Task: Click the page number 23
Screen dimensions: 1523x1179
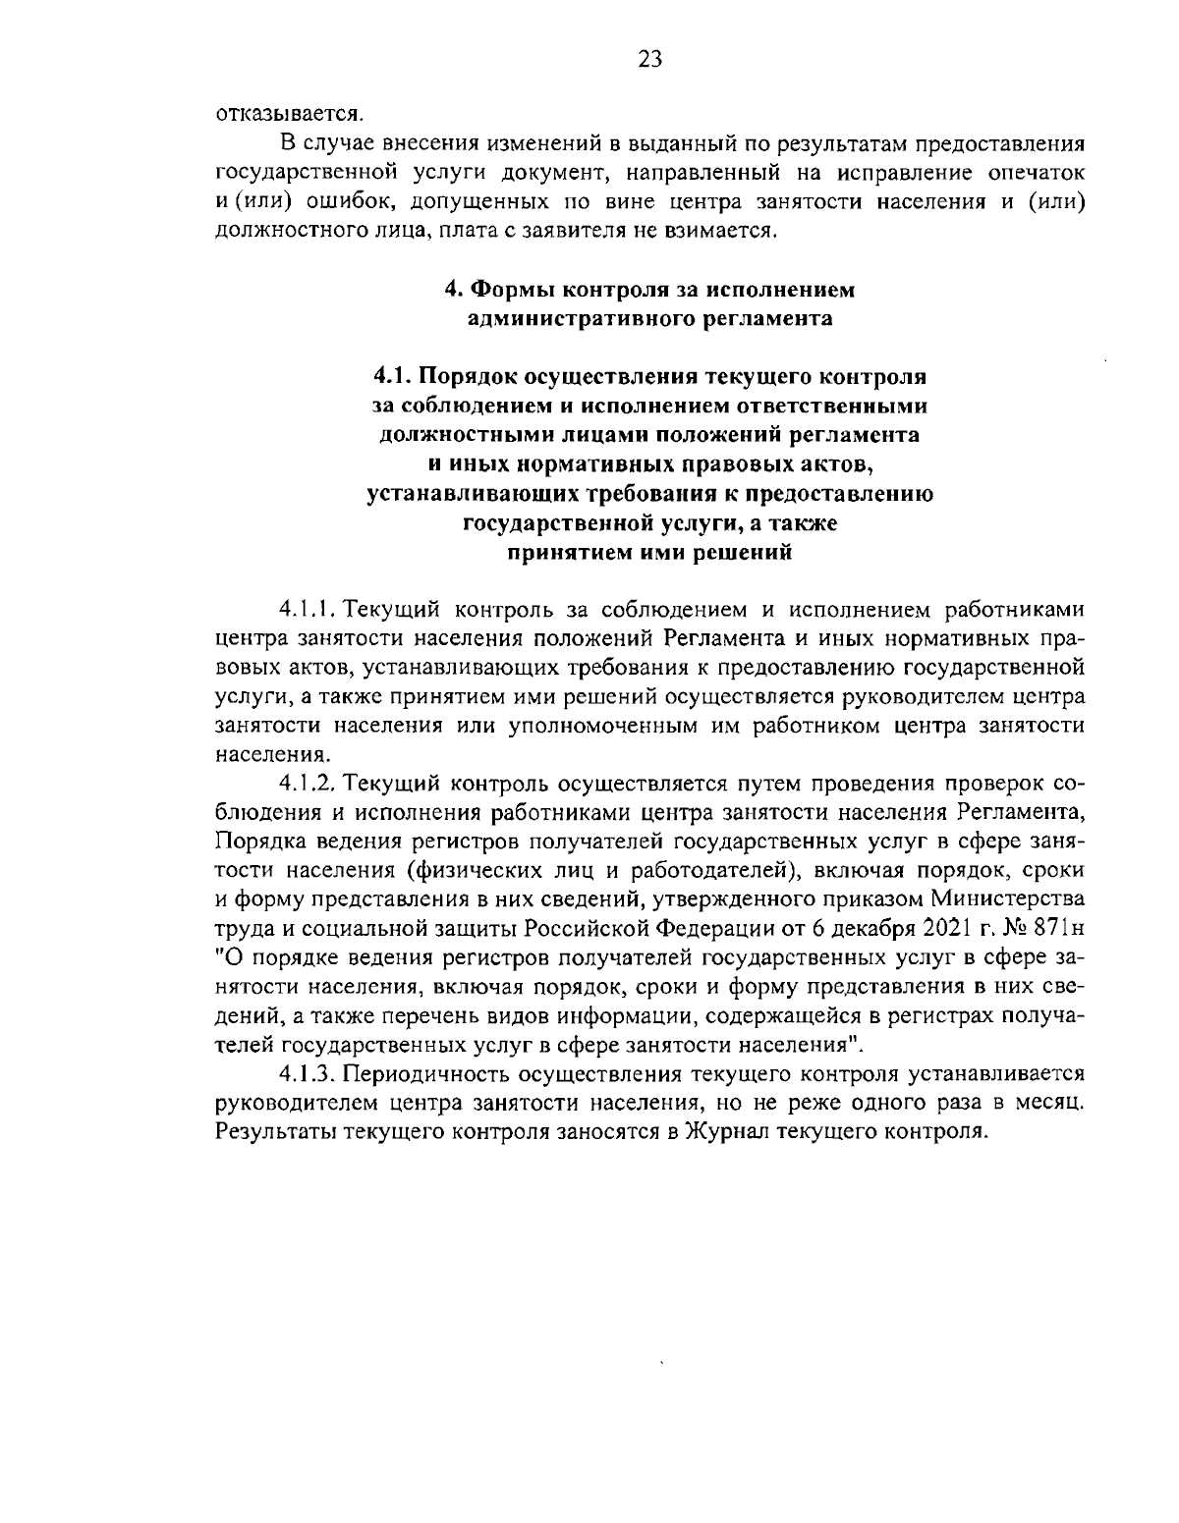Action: (x=649, y=59)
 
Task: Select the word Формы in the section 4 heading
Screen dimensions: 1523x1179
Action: (x=511, y=291)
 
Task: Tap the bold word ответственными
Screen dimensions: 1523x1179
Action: (x=844, y=406)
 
